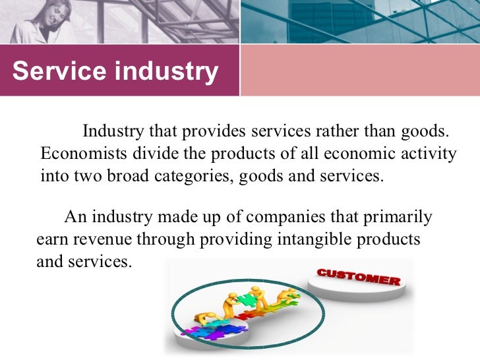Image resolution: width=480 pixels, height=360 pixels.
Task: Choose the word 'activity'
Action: click(x=429, y=154)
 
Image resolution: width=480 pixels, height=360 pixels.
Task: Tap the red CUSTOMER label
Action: click(x=357, y=277)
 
